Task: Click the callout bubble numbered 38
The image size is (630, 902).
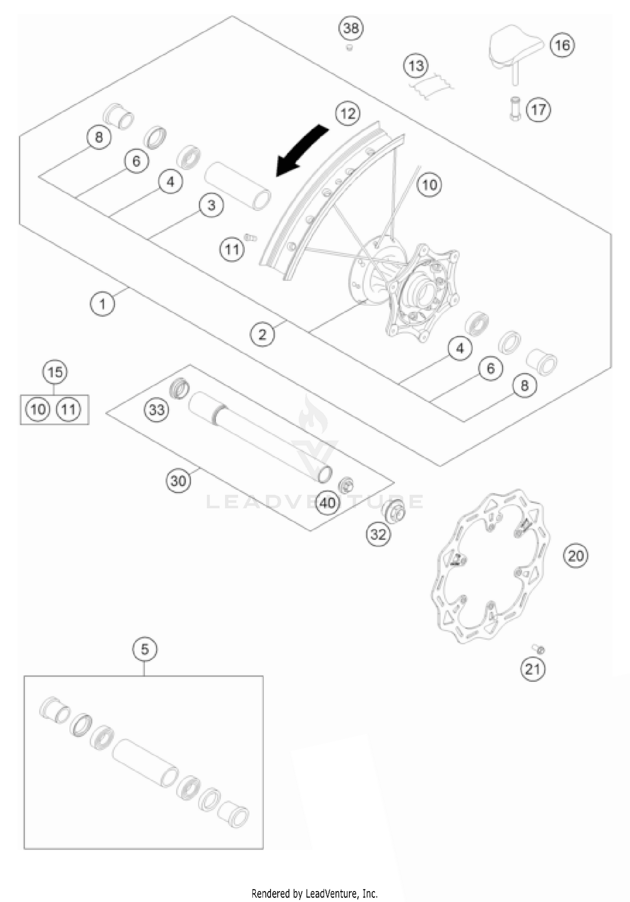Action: pyautogui.click(x=351, y=28)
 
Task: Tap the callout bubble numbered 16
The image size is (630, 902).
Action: pyautogui.click(x=562, y=45)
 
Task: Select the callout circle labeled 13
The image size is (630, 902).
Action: pyautogui.click(x=416, y=66)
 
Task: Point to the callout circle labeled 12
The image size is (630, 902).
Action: pyautogui.click(x=348, y=114)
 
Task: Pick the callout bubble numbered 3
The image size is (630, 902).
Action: pyautogui.click(x=211, y=205)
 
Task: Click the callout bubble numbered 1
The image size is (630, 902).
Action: pyautogui.click(x=102, y=303)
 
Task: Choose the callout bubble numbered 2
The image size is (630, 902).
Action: pyautogui.click(x=262, y=335)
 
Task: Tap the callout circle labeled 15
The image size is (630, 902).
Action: pyautogui.click(x=55, y=372)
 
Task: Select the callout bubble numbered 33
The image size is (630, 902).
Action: pyautogui.click(x=157, y=409)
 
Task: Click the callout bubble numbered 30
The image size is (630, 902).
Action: pyautogui.click(x=178, y=480)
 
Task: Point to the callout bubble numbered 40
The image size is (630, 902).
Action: pyautogui.click(x=328, y=502)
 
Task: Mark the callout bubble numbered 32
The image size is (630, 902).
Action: pyautogui.click(x=378, y=534)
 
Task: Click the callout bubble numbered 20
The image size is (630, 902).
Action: pyautogui.click(x=575, y=556)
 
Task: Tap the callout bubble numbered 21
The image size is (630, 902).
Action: pyautogui.click(x=533, y=669)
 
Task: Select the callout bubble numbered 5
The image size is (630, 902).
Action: pyautogui.click(x=144, y=649)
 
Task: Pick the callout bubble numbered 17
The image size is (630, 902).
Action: pyautogui.click(x=538, y=110)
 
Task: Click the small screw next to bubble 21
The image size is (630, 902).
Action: pyautogui.click(x=539, y=649)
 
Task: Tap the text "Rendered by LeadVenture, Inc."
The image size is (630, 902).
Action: pyautogui.click(x=315, y=893)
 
